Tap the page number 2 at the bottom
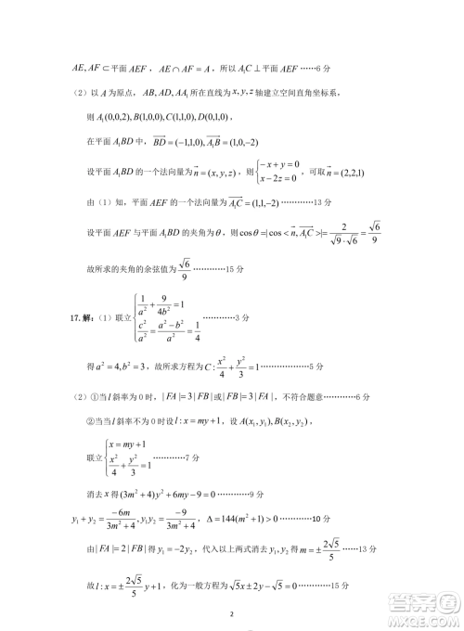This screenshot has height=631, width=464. coord(232,614)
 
